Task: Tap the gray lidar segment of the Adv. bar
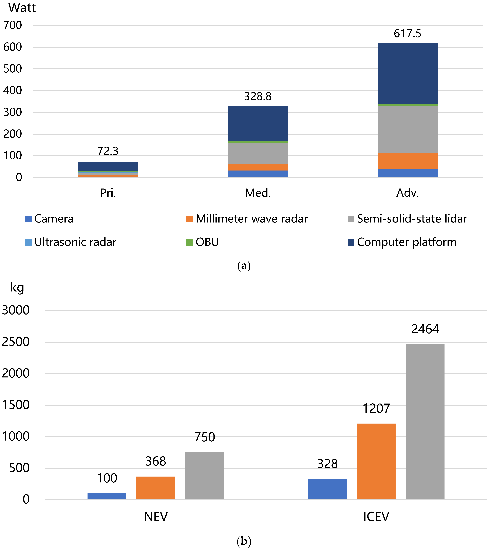point(407,129)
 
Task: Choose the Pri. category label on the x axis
point(108,193)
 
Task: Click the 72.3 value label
point(108,151)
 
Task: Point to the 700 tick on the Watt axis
point(12,25)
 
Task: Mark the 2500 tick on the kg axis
point(16,342)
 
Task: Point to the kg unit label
point(17,288)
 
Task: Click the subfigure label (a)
point(244,266)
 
